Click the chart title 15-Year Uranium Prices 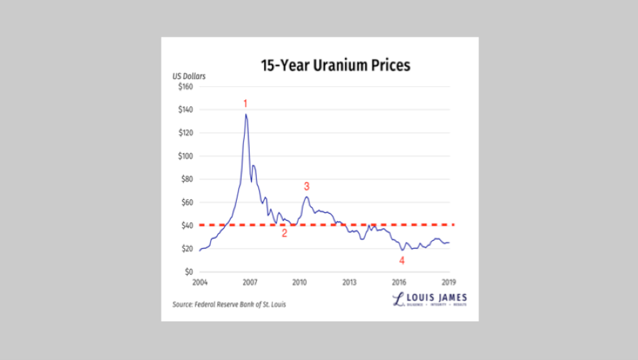pyautogui.click(x=334, y=66)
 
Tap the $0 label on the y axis pyautogui.click(x=189, y=272)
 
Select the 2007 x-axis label pyautogui.click(x=249, y=282)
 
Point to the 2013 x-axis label pyautogui.click(x=350, y=282)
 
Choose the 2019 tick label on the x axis pyautogui.click(x=449, y=282)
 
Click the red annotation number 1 pyautogui.click(x=245, y=104)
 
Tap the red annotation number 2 pyautogui.click(x=284, y=233)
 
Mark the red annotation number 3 pyautogui.click(x=306, y=186)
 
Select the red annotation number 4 pyautogui.click(x=402, y=260)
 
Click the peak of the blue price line pyautogui.click(x=246, y=114)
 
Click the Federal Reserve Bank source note pyautogui.click(x=229, y=305)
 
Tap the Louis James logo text pyautogui.click(x=431, y=298)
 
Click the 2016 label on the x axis pyautogui.click(x=400, y=282)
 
